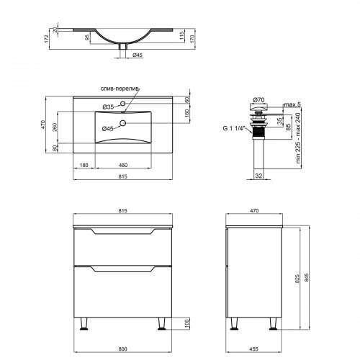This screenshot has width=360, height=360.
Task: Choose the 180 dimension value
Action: [86, 166]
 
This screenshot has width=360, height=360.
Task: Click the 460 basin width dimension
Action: [122, 166]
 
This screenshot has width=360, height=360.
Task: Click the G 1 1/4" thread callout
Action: [233, 129]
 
